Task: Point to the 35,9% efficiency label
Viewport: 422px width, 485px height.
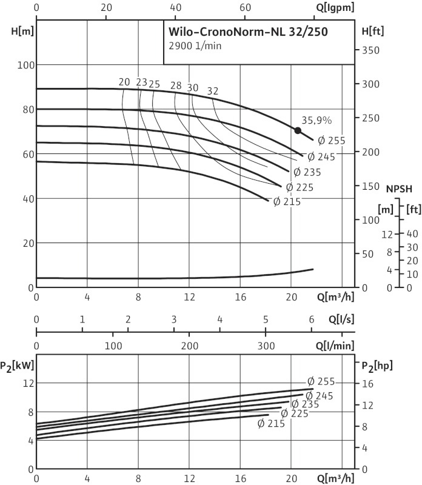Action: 316,120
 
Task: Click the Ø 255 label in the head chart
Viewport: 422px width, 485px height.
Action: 331,141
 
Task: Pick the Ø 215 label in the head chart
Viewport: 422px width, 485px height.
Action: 287,202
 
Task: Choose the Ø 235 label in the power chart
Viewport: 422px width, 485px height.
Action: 304,404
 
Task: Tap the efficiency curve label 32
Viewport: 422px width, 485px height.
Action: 213,91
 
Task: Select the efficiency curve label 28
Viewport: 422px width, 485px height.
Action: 176,85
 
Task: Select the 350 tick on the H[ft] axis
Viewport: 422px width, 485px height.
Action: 370,51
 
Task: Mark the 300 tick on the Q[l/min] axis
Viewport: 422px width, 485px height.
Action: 266,346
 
